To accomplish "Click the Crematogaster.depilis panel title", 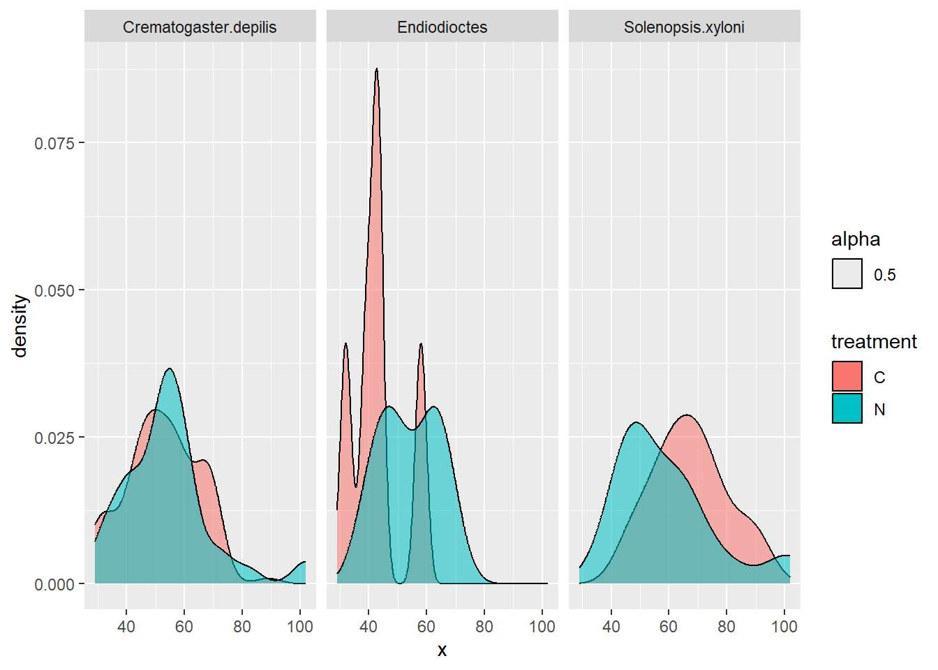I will pos(200,27).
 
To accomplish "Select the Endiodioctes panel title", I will pos(442,27).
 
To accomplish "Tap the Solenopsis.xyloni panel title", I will pos(684,27).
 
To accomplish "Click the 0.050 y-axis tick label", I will pos(54,290).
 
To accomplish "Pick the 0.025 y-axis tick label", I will pos(54,438).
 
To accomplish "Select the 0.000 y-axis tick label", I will pos(54,584).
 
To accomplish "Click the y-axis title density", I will pos(20,325).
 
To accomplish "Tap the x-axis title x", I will pos(442,650).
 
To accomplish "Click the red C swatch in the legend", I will pos(847,377).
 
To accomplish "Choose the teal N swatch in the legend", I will pos(847,409).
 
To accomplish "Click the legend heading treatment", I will pos(873,341).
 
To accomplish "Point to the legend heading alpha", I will pos(855,239).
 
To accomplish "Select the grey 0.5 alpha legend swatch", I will pos(847,274).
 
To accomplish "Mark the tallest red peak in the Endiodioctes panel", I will pos(376,69).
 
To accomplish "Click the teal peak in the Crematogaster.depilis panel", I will pos(170,369).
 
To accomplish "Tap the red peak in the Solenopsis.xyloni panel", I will pos(688,416).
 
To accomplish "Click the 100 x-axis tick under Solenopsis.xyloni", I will pos(784,627).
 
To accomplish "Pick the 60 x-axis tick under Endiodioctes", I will pos(426,627).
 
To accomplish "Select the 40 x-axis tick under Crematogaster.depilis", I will pos(126,627).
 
